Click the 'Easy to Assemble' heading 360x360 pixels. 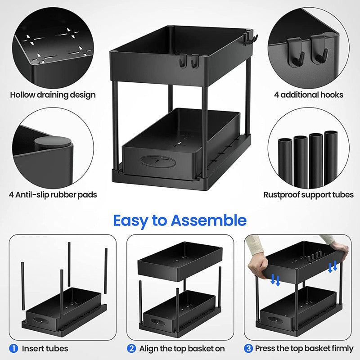pyautogui.click(x=180, y=220)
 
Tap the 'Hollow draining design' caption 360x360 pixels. pyautogui.click(x=53, y=94)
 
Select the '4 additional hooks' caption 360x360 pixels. pyautogui.click(x=309, y=94)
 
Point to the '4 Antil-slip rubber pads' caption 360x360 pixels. pyautogui.click(x=53, y=195)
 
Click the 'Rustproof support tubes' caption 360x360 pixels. pyautogui.click(x=308, y=195)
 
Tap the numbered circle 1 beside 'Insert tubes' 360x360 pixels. pyautogui.click(x=13, y=348)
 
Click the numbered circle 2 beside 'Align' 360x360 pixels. pyautogui.click(x=131, y=348)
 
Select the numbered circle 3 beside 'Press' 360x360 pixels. pyautogui.click(x=249, y=348)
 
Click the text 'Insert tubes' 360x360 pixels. pyautogui.click(x=45, y=348)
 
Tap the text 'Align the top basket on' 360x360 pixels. pyautogui.click(x=182, y=348)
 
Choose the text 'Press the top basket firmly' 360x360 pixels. pyautogui.click(x=304, y=348)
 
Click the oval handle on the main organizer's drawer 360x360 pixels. pyautogui.click(x=153, y=162)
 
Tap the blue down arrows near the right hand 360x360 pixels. pyautogui.click(x=333, y=266)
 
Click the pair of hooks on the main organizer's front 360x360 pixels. pyautogui.click(x=189, y=62)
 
